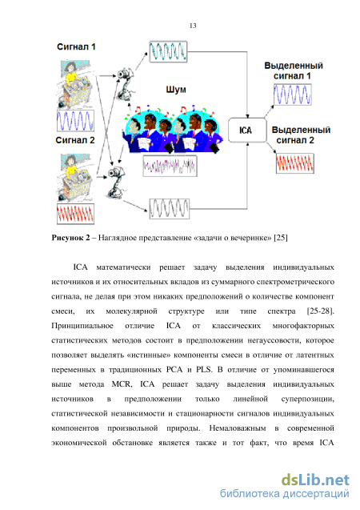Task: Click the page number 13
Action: coord(193,26)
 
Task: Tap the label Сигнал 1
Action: coord(76,46)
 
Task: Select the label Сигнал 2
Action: coord(75,140)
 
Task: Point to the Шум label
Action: coord(176,90)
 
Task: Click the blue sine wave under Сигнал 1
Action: coord(75,121)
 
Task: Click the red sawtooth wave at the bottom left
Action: coord(75,214)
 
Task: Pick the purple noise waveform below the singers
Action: coord(170,166)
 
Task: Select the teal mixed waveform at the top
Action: coord(168,51)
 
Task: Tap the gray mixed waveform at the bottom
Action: coord(170,208)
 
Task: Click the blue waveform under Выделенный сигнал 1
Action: coord(293,94)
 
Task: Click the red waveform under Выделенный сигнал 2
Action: coord(295,163)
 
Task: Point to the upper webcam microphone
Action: coord(124,84)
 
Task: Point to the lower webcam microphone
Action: coord(116,183)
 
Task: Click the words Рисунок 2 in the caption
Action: coord(70,238)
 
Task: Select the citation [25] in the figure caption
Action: coord(281,238)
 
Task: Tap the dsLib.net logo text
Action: coord(315,480)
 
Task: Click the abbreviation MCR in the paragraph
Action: coord(122,384)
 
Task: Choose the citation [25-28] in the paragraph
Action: coord(320,311)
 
